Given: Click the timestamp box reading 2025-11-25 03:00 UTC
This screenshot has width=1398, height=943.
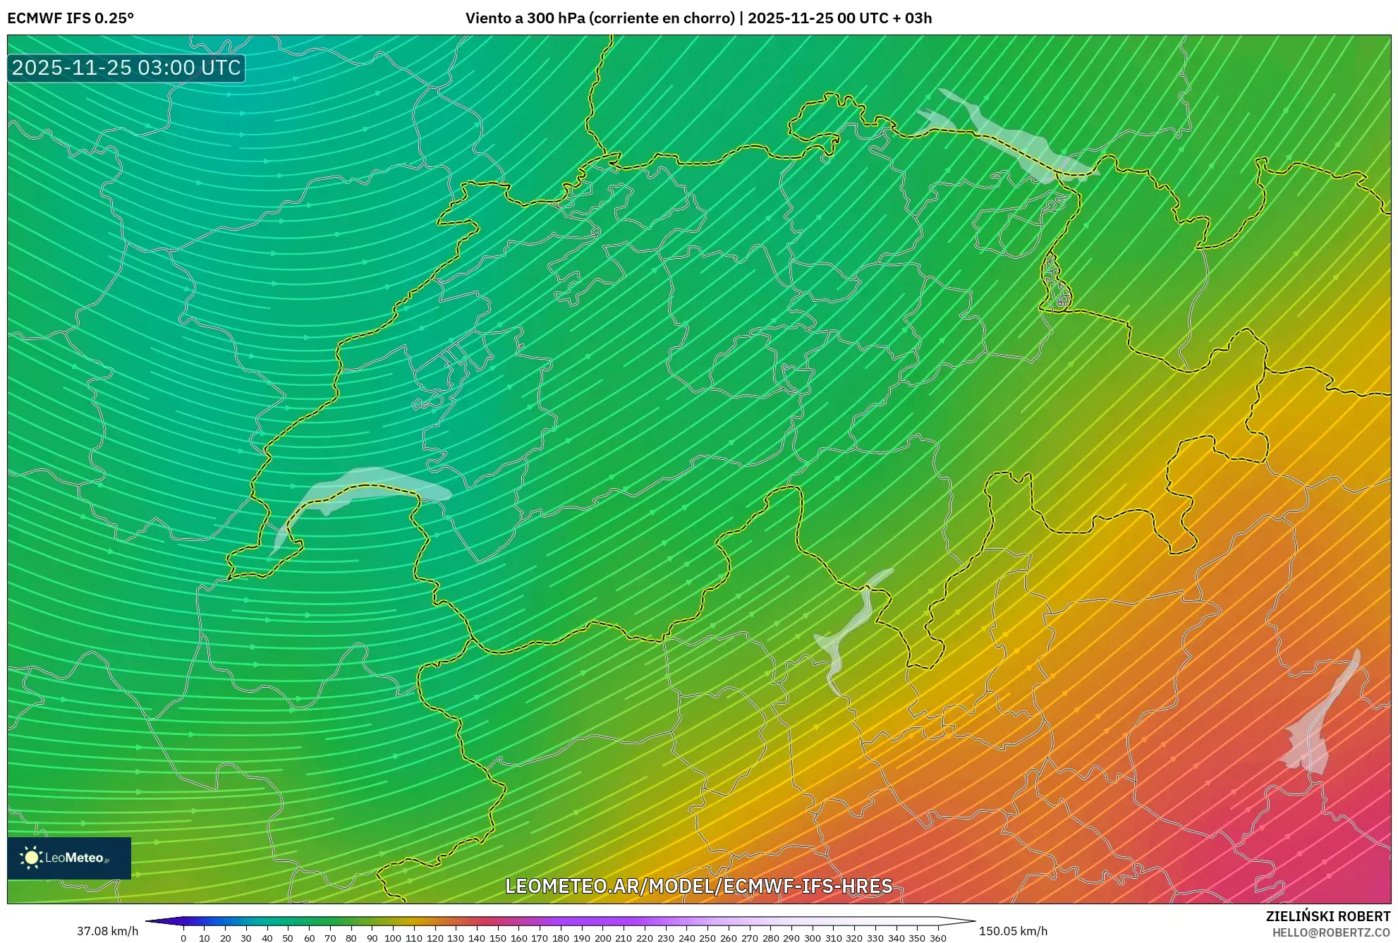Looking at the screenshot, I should [126, 68].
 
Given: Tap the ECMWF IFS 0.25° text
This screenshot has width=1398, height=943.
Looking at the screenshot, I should [71, 18].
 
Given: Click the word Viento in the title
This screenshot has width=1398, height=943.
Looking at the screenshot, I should [487, 18].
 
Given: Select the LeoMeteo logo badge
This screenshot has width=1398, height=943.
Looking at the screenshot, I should [69, 858].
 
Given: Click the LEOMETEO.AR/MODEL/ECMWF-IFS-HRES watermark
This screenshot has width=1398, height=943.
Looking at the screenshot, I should [698, 886].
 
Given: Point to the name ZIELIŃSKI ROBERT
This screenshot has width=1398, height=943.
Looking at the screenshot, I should [1327, 916].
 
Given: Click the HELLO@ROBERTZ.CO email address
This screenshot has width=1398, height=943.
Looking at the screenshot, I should [1331, 932].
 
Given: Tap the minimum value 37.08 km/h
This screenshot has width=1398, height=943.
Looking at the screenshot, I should [107, 931].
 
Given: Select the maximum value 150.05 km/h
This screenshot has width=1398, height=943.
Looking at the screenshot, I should [1013, 931].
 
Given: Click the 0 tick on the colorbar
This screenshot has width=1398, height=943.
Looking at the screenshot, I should [183, 938].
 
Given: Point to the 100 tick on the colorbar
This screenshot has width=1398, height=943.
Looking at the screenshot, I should [393, 938].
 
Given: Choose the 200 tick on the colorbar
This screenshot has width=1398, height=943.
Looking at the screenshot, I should [602, 938].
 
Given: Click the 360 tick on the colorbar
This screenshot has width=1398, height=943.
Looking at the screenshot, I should [937, 938].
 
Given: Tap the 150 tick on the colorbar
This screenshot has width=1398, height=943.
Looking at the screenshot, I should [497, 938].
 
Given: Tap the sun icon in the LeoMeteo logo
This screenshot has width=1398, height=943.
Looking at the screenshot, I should [31, 858].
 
